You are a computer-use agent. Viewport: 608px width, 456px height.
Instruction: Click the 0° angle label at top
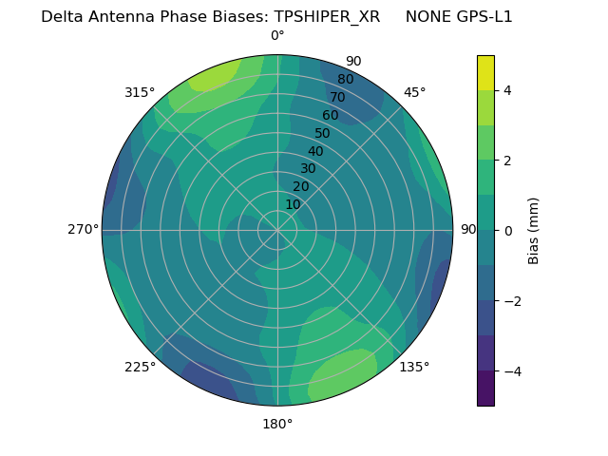click(277, 36)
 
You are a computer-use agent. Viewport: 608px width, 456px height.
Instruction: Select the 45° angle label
click(414, 92)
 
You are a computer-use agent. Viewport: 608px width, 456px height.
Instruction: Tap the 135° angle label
click(414, 367)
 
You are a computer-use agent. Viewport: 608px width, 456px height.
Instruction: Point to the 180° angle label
click(277, 424)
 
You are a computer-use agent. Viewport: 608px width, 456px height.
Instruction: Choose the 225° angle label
click(140, 367)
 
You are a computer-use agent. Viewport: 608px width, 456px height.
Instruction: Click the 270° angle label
click(83, 229)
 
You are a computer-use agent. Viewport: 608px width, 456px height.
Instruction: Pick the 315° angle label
click(140, 92)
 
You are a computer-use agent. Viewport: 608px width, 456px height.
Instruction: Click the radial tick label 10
click(293, 204)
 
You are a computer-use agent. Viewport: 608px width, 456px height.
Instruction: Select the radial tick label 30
click(308, 169)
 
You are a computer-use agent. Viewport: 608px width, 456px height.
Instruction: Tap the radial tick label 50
click(323, 133)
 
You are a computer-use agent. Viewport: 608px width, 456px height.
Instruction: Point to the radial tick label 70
click(338, 97)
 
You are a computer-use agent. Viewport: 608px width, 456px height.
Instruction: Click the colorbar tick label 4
click(508, 90)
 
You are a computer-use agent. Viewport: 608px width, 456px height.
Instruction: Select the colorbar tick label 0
click(508, 231)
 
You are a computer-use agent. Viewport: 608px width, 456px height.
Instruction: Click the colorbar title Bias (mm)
click(534, 231)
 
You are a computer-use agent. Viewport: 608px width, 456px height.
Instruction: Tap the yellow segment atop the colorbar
click(485, 72)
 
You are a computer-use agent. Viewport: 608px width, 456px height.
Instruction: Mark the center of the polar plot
click(277, 230)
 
